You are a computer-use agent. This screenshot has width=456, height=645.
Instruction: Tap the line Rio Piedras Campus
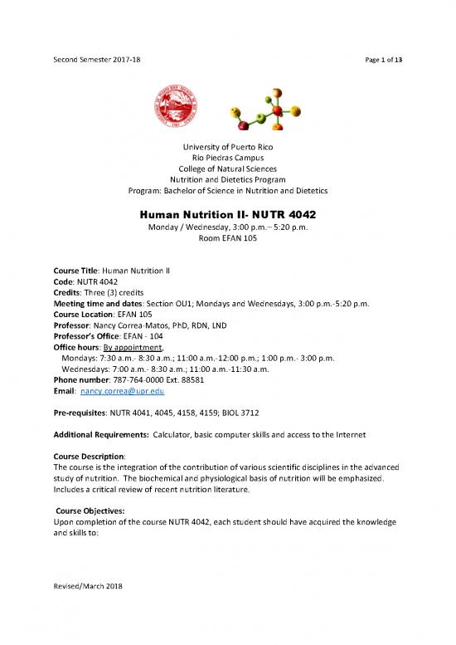pos(228,162)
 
